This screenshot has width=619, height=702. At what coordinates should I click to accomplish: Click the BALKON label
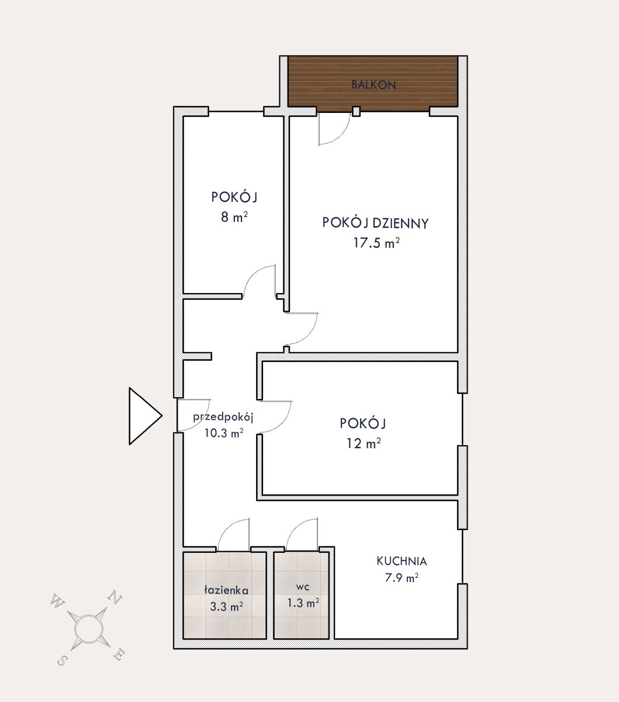374,85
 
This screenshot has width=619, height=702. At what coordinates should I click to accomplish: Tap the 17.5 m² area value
376,243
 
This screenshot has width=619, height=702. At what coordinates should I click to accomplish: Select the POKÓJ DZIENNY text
376,223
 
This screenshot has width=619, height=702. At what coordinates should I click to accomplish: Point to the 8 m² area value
234,217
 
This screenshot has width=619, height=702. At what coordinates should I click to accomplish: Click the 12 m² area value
364,443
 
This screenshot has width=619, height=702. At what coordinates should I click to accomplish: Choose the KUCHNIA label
402,561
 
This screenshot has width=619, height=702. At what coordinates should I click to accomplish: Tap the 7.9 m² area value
402,577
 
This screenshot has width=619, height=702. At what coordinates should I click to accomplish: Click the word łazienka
226,590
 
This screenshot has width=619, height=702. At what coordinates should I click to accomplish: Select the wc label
303,587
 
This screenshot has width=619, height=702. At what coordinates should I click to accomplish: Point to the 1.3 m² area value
303,603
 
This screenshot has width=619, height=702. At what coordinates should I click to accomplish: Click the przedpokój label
223,417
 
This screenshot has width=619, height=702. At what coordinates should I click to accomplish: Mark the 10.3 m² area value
224,433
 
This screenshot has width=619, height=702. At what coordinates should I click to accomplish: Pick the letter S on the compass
61,660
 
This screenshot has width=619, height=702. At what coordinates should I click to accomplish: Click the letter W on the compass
57,600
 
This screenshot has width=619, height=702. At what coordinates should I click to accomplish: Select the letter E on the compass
119,655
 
